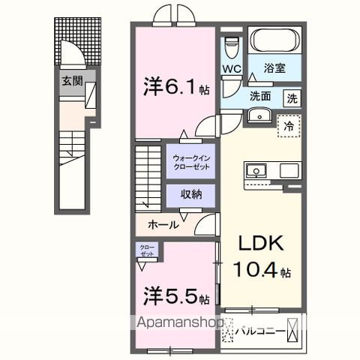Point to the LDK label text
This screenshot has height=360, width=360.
coord(262,244)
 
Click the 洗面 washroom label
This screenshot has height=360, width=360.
coord(260,96)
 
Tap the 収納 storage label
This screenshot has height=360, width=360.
coord(190,194)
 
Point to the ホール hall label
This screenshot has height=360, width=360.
coord(163,224)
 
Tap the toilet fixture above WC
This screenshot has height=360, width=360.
coord(231,44)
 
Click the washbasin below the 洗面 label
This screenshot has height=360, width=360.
coord(260,115)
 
